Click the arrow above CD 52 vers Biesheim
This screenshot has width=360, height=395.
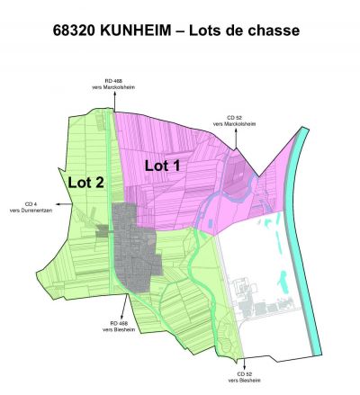tap(241, 360)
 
